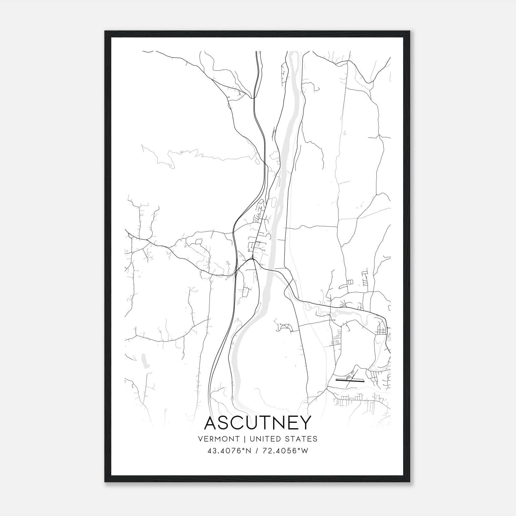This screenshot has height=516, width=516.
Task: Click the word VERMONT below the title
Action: (x=219, y=439)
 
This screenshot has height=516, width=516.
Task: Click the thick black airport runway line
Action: (x=350, y=380)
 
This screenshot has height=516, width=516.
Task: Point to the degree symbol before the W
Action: (x=301, y=449)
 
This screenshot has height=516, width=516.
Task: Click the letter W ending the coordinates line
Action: (x=305, y=451)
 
